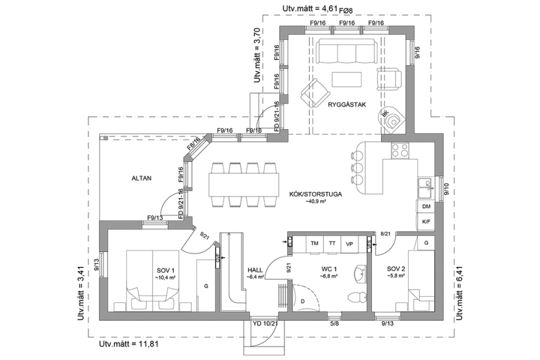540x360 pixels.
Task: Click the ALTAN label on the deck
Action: tap(142, 178)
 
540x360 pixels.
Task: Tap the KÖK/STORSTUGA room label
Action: tap(315, 194)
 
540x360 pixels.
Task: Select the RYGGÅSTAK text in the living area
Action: tap(346, 105)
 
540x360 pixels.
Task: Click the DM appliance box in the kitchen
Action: tap(426, 206)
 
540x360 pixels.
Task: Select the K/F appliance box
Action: tap(426, 221)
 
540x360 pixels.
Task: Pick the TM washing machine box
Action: tap(314, 243)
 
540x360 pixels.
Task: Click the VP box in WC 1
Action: tap(349, 243)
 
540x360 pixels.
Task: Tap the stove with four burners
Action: tap(399, 151)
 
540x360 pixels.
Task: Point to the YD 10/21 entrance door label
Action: tap(265, 324)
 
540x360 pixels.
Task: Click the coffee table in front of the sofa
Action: tap(346, 79)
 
